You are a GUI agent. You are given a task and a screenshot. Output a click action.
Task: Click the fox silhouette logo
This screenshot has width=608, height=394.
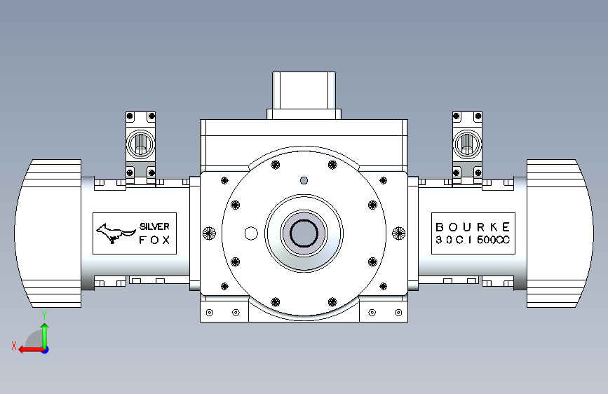pyautogui.click(x=115, y=233)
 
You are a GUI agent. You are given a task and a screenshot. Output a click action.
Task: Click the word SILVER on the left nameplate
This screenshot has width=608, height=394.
pyautogui.click(x=154, y=226)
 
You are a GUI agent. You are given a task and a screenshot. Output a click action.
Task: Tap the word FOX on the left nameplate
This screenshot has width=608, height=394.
pyautogui.click(x=154, y=240)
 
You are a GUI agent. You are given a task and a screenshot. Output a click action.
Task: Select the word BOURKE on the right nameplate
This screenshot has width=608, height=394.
pyautogui.click(x=473, y=227)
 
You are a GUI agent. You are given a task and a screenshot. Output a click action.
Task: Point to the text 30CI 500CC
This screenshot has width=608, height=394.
pyautogui.click(x=473, y=240)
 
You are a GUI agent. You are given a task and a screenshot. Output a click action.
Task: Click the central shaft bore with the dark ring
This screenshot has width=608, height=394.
pyautogui.click(x=304, y=233)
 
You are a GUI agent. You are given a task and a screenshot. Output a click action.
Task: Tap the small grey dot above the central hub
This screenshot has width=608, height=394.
pyautogui.click(x=304, y=180)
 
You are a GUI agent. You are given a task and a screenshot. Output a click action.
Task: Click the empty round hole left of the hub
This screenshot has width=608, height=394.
pyautogui.click(x=251, y=233)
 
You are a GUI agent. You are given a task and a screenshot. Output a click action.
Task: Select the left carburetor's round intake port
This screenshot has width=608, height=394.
pyautogui.click(x=140, y=144)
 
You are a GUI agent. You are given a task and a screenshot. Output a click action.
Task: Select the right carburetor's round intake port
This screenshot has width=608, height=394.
pyautogui.click(x=467, y=144)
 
